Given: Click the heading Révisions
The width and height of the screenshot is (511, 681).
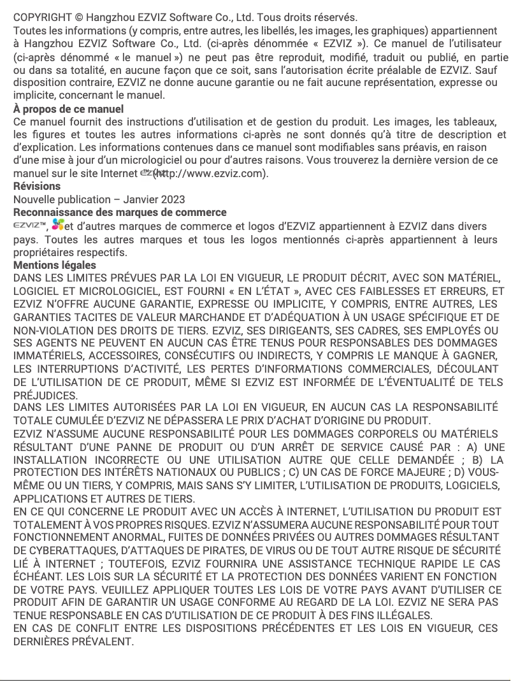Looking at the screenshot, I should pos(37,186).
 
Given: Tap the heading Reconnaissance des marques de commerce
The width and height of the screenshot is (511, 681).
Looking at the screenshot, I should pos(120,212).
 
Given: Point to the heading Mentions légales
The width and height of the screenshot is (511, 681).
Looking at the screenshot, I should pos(55,264).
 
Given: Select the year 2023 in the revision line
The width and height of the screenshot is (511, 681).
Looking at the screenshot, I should pos(172,199).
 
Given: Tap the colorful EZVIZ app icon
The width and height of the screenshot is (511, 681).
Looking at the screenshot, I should pos(59,225).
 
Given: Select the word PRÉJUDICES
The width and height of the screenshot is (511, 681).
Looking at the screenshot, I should pos(38,394).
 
